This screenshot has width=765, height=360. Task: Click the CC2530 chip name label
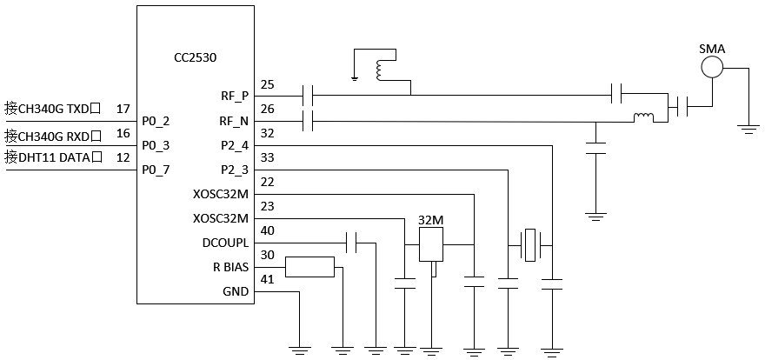(x=195, y=57)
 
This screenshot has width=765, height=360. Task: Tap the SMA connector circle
(x=713, y=66)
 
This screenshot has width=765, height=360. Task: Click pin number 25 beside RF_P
(x=268, y=84)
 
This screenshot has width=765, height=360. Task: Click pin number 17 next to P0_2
(x=123, y=109)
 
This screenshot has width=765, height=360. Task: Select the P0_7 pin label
(x=156, y=169)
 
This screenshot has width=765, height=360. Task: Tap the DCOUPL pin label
(x=225, y=243)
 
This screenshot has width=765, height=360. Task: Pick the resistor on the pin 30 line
(x=309, y=266)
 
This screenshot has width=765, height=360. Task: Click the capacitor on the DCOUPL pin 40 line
(x=351, y=243)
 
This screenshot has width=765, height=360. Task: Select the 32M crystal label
(x=431, y=221)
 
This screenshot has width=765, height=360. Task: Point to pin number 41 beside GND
(x=268, y=279)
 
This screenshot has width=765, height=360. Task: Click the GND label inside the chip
(x=236, y=291)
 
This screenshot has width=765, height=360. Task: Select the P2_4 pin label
(x=236, y=144)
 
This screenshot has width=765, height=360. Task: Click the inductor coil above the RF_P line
(x=381, y=70)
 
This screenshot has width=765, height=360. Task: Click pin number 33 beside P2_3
(x=268, y=157)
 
